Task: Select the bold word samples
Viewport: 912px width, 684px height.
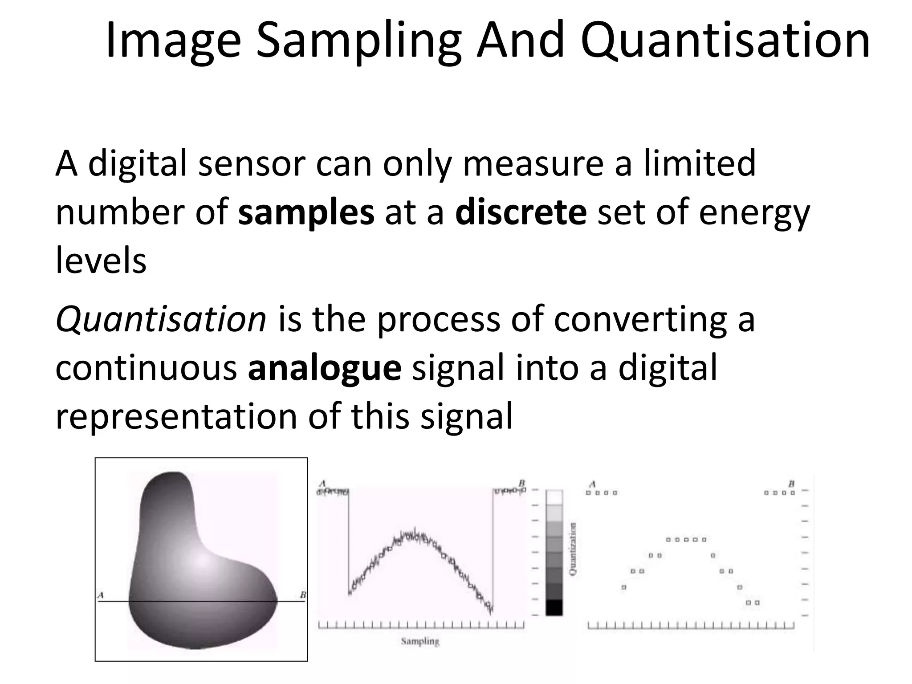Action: [306, 212]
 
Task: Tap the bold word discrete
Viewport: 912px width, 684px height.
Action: [521, 212]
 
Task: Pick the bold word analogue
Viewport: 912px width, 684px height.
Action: [325, 368]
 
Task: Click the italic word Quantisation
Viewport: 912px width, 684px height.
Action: [161, 319]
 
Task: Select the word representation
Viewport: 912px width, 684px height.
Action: [176, 417]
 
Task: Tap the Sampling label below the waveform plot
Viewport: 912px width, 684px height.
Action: [420, 641]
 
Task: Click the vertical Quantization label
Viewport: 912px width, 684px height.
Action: [573, 549]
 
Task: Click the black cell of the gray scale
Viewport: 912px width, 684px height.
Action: [554, 607]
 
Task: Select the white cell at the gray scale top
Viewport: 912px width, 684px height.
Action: [554, 497]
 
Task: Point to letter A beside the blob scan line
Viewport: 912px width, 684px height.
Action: [101, 595]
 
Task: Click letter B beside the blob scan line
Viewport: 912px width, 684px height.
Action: [303, 595]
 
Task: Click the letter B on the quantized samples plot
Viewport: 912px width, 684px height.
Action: [791, 484]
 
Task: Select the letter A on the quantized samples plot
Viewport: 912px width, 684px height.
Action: [592, 484]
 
